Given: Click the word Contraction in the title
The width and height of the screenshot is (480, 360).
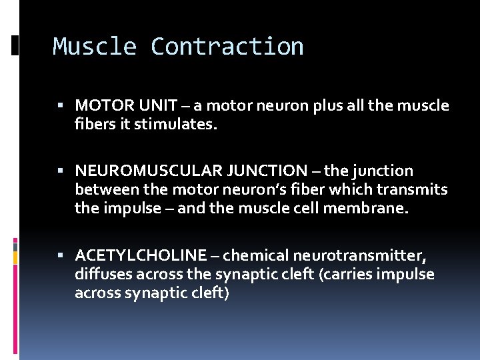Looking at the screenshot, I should (x=227, y=47).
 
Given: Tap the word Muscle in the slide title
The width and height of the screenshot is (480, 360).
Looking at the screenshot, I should (x=95, y=47).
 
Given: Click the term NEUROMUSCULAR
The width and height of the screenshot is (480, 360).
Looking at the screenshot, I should (x=140, y=171).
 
